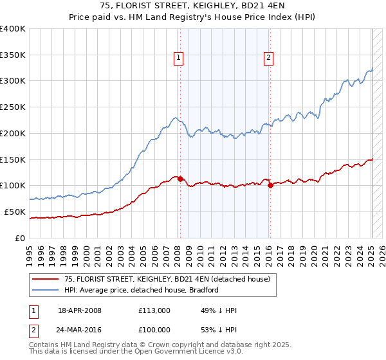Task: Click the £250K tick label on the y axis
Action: [x=13, y=107]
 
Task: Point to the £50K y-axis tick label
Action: [x=15, y=212]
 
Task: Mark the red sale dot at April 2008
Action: [x=180, y=179]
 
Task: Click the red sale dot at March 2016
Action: [x=270, y=186]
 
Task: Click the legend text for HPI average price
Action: [x=142, y=290]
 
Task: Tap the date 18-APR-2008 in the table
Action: [x=80, y=310]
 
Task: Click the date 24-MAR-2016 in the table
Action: [x=80, y=330]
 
